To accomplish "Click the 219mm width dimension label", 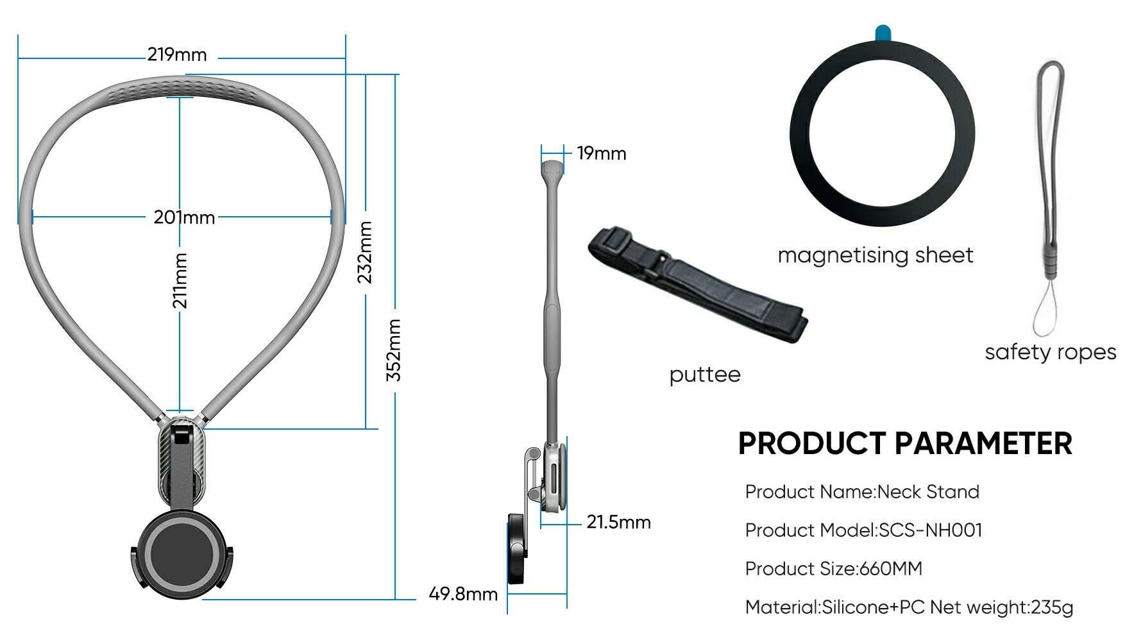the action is coord(177,55).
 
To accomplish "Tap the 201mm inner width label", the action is coord(184,217).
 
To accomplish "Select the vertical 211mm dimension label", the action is coord(180,280).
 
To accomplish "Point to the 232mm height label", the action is coord(364,252).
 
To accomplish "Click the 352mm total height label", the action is coord(393,350).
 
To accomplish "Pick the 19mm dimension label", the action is coord(601,153).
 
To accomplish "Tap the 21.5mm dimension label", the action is coord(618,522).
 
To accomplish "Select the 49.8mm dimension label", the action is coord(463,594).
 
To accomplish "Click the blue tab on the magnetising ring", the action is coord(883,31).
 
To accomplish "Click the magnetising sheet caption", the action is coord(876,255).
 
